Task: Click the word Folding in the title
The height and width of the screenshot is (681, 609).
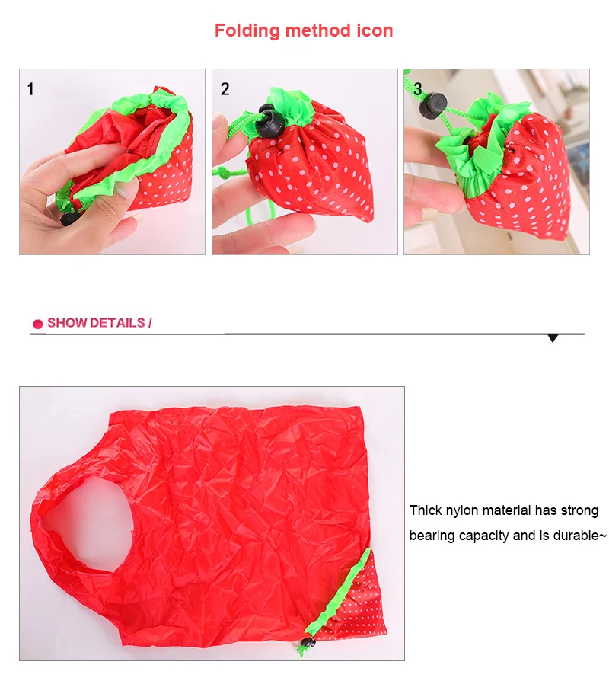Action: (246, 31)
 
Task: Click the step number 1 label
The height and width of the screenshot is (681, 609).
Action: (30, 89)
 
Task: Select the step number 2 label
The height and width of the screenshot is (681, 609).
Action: (225, 89)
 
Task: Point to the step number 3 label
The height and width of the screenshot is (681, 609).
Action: (417, 88)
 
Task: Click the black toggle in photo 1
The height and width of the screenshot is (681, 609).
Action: (70, 219)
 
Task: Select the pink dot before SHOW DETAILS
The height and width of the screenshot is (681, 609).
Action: (37, 324)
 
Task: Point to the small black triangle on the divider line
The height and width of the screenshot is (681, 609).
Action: (553, 337)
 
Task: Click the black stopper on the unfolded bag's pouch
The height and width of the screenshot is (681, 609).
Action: (307, 649)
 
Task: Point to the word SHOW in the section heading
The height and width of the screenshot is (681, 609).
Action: (66, 323)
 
